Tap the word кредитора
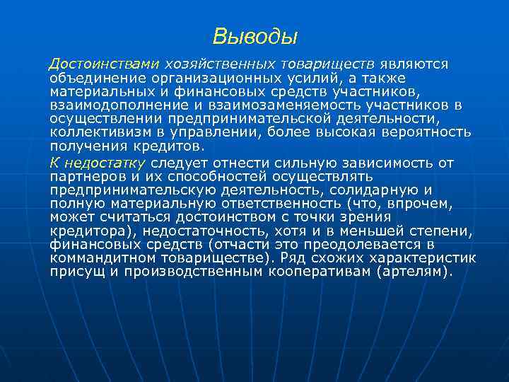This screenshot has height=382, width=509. [x=89, y=231]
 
